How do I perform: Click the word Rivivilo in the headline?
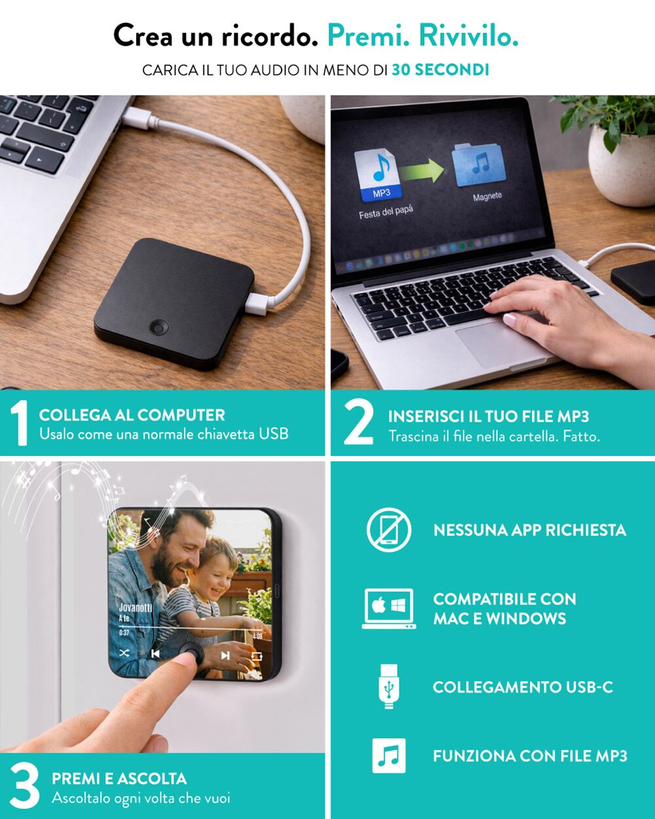pyautogui.click(x=468, y=36)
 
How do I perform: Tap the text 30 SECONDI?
pyautogui.click(x=440, y=70)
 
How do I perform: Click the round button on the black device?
pyautogui.click(x=159, y=327)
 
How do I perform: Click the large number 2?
pyautogui.click(x=358, y=423)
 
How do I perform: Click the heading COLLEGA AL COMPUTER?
pyautogui.click(x=132, y=415)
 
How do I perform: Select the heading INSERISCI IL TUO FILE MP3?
pyautogui.click(x=488, y=416)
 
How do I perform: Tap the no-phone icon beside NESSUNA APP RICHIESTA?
pyautogui.click(x=388, y=530)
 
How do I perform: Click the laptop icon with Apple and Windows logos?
pyautogui.click(x=388, y=609)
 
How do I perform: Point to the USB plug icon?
pyautogui.click(x=388, y=687)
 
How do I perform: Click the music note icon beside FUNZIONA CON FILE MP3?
pyautogui.click(x=388, y=756)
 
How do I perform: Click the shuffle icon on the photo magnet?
pyautogui.click(x=124, y=653)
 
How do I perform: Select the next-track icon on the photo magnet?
pyautogui.click(x=225, y=655)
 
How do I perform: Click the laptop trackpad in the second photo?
pyautogui.click(x=499, y=344)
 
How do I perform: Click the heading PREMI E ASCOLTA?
pyautogui.click(x=119, y=778)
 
